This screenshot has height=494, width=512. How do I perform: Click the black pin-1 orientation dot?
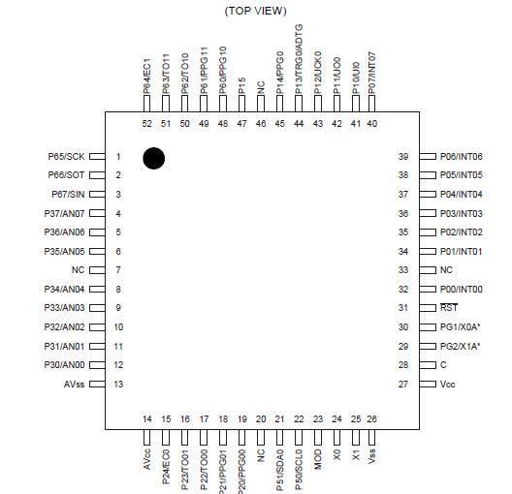[x=153, y=157]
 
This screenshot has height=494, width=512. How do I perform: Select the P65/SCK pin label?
[x=66, y=157]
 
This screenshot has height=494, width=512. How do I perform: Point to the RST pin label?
[x=449, y=307]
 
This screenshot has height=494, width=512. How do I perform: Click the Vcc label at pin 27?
[x=447, y=385]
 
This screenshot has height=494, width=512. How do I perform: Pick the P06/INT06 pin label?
[x=462, y=157]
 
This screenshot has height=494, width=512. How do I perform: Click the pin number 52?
[x=146, y=123]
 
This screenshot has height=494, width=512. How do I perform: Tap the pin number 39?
[x=402, y=157]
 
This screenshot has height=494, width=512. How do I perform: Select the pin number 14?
[x=146, y=418]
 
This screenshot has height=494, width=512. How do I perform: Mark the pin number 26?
[x=372, y=418]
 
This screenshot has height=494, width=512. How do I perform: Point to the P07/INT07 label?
[x=372, y=73]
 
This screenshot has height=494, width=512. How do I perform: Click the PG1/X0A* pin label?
[x=461, y=327]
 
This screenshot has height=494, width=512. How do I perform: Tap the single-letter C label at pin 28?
[x=443, y=365]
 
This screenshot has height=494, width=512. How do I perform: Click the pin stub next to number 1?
[x=100, y=157]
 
